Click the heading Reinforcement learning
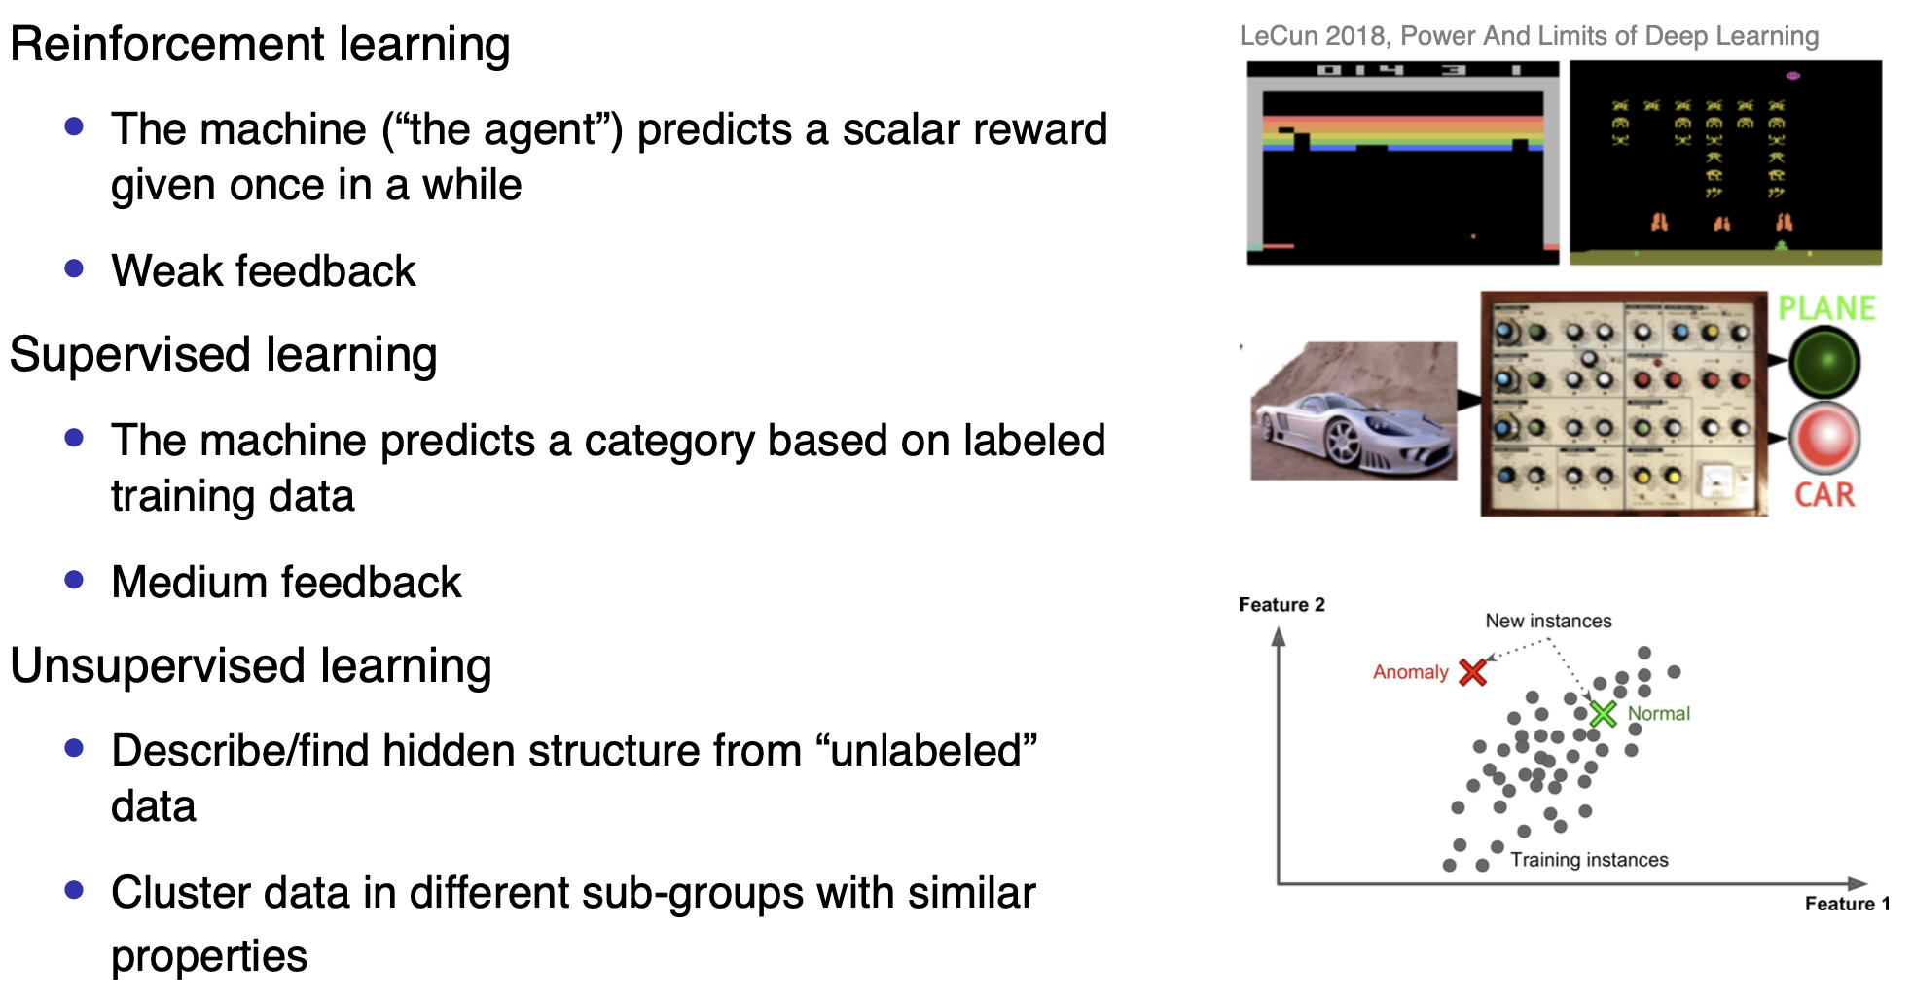260,45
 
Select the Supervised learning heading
224,355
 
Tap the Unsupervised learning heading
251,666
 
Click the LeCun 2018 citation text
1529,36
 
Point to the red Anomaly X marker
1473,672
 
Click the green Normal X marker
1603,714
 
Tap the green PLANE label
1826,308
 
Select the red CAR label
1824,495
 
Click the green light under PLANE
1825,362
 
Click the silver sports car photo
1354,410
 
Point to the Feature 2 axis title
1281,605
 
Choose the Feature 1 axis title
1847,904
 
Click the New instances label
1548,621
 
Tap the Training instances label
1589,860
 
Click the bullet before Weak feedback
74,267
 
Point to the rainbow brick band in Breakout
1403,133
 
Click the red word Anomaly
1410,672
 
